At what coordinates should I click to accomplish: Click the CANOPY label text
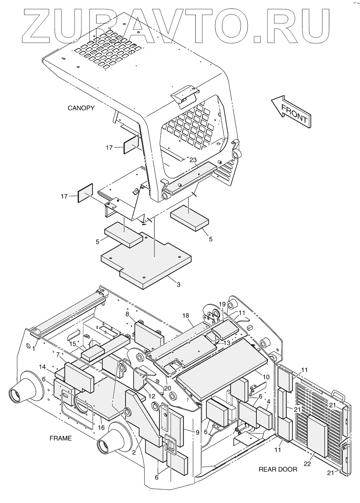pos(81,108)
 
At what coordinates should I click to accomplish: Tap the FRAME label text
pos(60,438)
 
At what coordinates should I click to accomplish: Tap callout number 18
pos(186,316)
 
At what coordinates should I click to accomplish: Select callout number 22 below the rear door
pos(307,464)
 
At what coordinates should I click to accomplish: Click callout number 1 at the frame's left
pos(34,348)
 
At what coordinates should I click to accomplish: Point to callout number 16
pos(102,428)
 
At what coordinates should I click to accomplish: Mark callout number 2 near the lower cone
pos(134,452)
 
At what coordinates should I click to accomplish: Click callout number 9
pos(197,432)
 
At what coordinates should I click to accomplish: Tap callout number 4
pos(269,401)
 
